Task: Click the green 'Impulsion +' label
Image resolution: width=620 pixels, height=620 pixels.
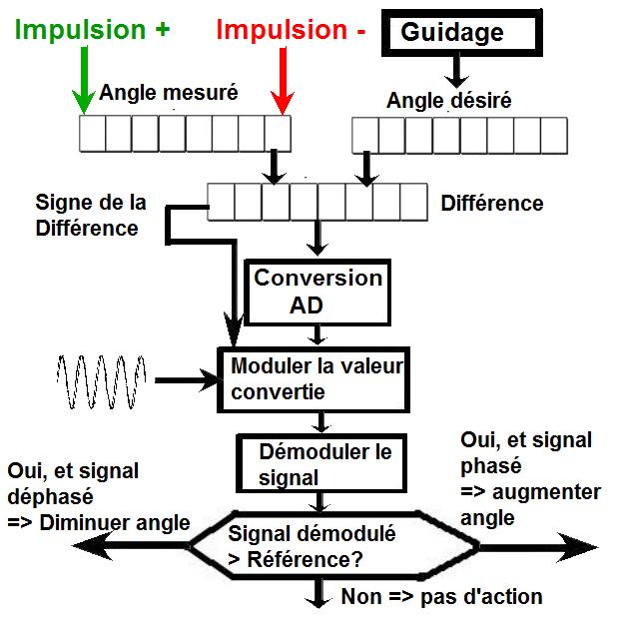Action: [x=93, y=30]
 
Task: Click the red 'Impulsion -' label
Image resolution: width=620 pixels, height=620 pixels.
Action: [x=291, y=30]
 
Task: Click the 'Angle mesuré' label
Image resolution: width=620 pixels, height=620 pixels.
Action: [x=168, y=94]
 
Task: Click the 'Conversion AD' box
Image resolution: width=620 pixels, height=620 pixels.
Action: [x=317, y=292]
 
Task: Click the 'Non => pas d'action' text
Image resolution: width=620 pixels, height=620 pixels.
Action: [x=440, y=597]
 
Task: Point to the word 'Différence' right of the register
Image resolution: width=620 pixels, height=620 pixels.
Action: [x=492, y=204]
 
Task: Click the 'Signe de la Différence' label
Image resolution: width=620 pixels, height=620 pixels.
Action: [x=91, y=215]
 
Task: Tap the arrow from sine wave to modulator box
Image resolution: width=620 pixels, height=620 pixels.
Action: [x=185, y=378]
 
